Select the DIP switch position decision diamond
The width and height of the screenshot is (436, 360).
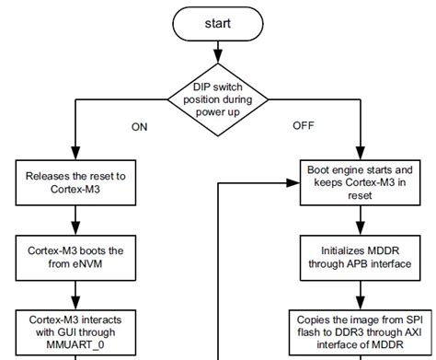[218, 94]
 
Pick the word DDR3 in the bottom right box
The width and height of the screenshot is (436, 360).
[348, 330]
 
